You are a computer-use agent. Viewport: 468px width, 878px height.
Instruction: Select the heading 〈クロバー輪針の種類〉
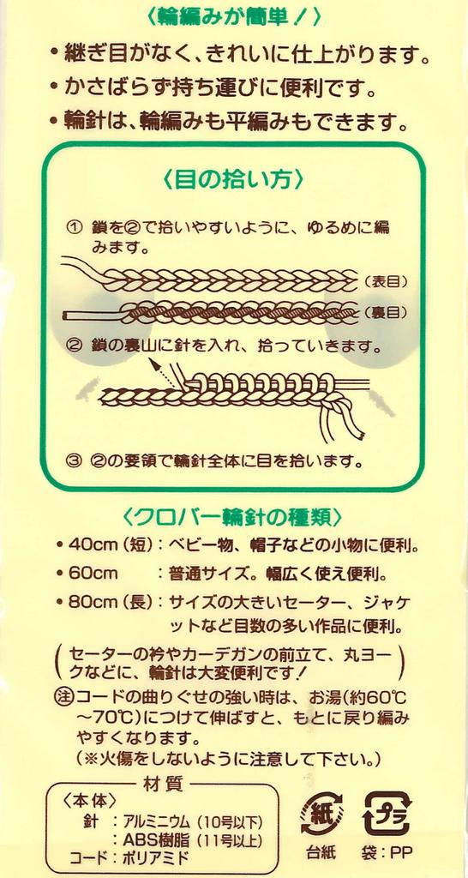click(x=233, y=516)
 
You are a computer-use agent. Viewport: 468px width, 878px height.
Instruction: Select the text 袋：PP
click(x=387, y=853)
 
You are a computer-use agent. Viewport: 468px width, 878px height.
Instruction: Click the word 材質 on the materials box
click(x=162, y=783)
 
